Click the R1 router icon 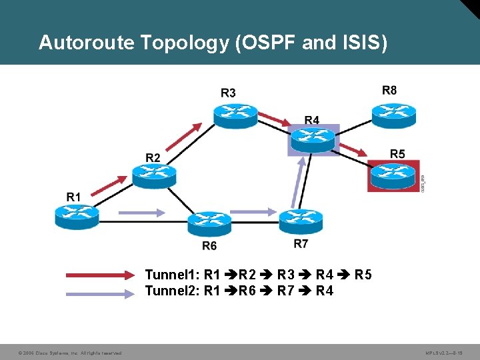(x=77, y=215)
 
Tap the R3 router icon (x=235, y=115)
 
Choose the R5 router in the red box (x=393, y=175)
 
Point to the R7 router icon (x=301, y=220)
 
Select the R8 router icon (x=393, y=115)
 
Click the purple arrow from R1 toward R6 (x=141, y=213)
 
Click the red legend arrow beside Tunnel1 (x=101, y=275)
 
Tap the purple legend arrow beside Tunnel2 (x=101, y=291)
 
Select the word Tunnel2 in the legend (x=171, y=291)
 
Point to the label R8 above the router (x=389, y=90)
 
